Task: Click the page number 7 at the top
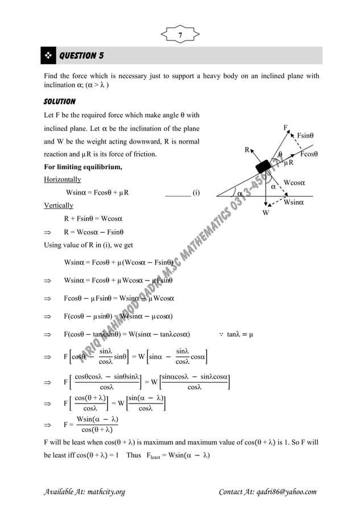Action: click(181, 35)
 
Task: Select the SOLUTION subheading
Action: click(60, 101)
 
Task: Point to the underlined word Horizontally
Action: click(64, 179)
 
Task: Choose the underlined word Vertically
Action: click(59, 205)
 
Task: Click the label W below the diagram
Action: click(265, 213)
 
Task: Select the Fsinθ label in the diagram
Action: click(308, 135)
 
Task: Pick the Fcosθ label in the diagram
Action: click(309, 154)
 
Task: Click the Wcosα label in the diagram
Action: click(294, 183)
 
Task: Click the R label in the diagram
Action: click(247, 150)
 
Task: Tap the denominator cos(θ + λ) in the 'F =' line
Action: click(97, 429)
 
